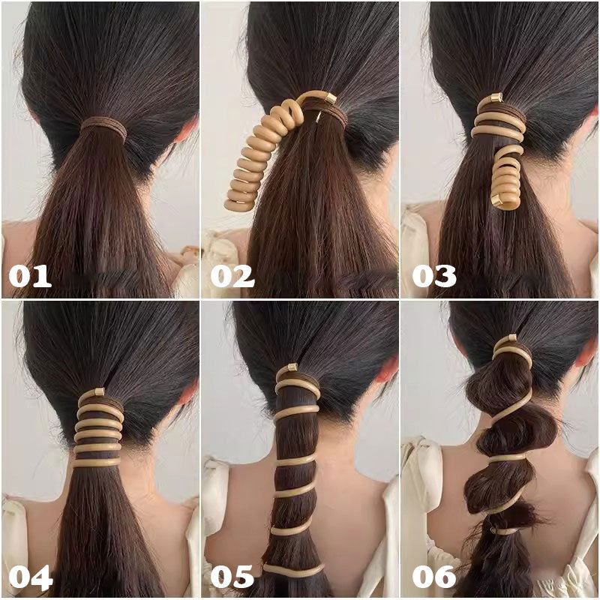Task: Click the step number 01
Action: pos(30,276)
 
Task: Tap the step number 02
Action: pos(232,276)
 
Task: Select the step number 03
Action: pos(434,276)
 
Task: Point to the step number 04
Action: pos(31,577)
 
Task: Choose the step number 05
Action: pos(232,577)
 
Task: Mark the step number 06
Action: pos(434,577)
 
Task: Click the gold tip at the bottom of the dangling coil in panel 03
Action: pos(497,200)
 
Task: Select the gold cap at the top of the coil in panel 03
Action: pos(497,97)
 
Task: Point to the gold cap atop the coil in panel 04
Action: pos(100,391)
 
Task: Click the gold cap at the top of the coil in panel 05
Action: pos(292,367)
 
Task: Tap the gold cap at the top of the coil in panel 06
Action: pos(511,338)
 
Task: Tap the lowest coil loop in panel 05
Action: pos(293,569)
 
